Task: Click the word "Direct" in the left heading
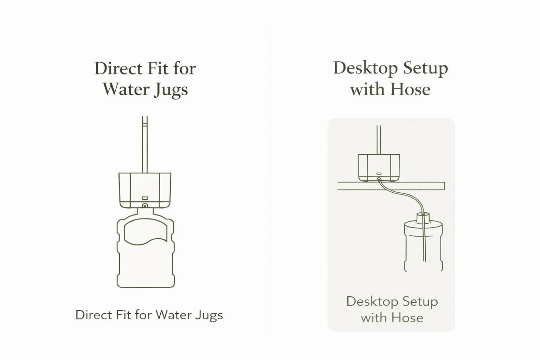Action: (118, 69)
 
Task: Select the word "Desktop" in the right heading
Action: (366, 68)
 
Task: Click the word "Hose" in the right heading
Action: (410, 89)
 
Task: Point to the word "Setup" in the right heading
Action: (426, 69)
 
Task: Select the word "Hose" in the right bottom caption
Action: (407, 318)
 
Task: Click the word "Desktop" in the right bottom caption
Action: (372, 302)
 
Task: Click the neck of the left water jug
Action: (145, 212)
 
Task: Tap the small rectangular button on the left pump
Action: (145, 198)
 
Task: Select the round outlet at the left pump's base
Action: (145, 206)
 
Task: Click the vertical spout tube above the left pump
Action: (144, 144)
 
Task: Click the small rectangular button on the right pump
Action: (379, 174)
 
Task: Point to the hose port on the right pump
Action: (379, 180)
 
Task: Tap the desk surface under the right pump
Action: (391, 186)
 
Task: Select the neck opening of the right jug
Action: (423, 213)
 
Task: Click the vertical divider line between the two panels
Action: (270, 180)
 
